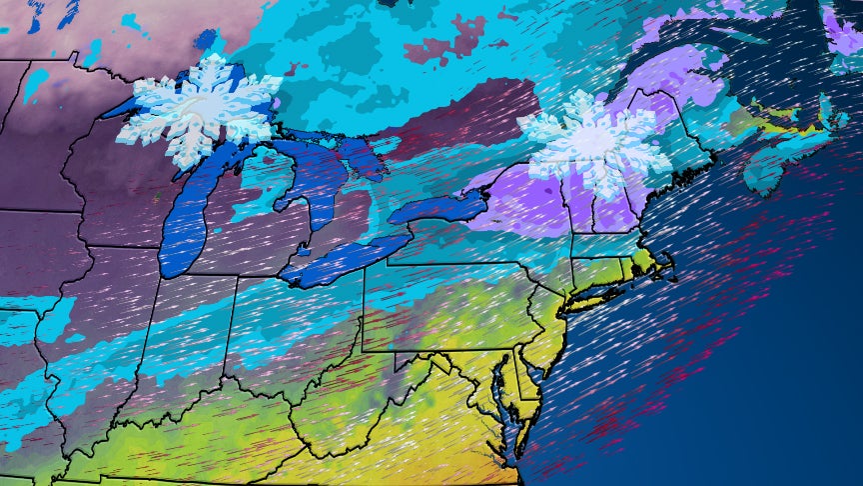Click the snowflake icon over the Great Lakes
(x=200, y=110)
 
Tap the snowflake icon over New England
(x=593, y=143)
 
